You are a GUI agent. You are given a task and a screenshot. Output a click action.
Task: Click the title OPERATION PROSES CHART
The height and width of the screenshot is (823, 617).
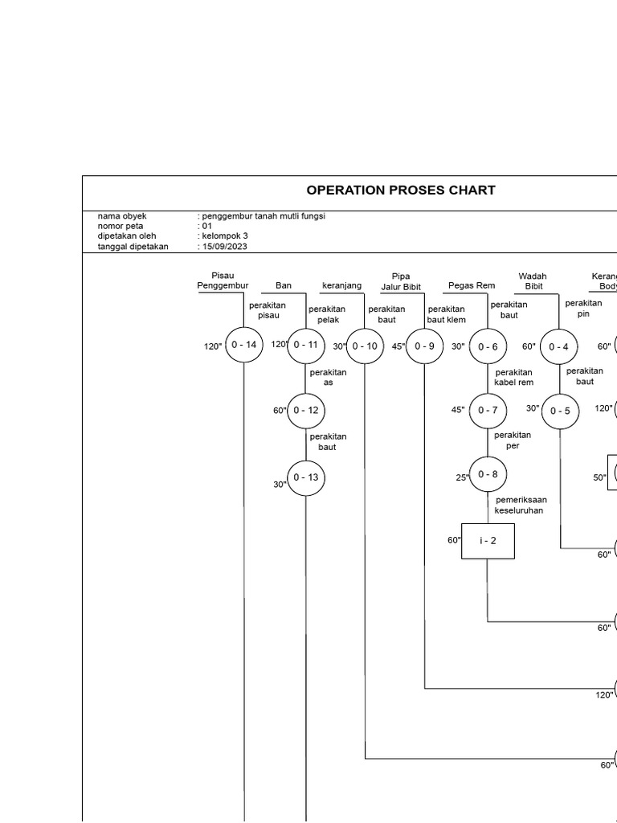(401, 190)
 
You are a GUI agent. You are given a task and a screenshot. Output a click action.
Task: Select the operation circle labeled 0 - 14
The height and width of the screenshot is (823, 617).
(243, 345)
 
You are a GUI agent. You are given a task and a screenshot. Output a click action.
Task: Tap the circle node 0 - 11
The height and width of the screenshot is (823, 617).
(306, 345)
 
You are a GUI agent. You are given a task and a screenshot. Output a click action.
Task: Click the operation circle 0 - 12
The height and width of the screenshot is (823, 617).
(306, 411)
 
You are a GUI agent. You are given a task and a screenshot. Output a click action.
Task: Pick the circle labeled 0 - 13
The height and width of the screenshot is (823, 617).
(306, 477)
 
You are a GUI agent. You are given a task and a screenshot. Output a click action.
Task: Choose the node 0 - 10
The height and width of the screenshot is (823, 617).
(365, 346)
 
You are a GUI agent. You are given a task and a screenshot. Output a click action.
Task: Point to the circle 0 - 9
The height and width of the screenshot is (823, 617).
(424, 346)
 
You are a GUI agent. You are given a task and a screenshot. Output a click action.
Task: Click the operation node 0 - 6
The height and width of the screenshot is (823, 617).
(488, 346)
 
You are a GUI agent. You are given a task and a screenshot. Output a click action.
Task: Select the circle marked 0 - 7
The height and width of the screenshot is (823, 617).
(488, 411)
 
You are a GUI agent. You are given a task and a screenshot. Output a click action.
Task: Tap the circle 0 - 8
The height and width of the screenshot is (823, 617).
(488, 474)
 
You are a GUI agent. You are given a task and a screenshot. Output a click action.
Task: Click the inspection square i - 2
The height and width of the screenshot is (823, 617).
(488, 541)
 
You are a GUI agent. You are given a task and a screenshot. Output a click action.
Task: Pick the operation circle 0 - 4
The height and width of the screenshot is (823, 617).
(559, 347)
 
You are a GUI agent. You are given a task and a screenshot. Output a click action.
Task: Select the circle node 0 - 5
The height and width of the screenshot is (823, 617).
(560, 411)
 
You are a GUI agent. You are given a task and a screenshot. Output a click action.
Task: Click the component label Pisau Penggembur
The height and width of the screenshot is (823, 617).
(223, 280)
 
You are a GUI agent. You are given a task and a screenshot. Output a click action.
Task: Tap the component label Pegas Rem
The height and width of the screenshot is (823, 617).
(472, 285)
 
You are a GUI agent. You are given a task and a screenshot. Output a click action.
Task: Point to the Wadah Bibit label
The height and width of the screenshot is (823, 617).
(533, 280)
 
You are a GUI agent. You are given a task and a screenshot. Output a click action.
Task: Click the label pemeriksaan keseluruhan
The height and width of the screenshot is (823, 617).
(521, 505)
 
